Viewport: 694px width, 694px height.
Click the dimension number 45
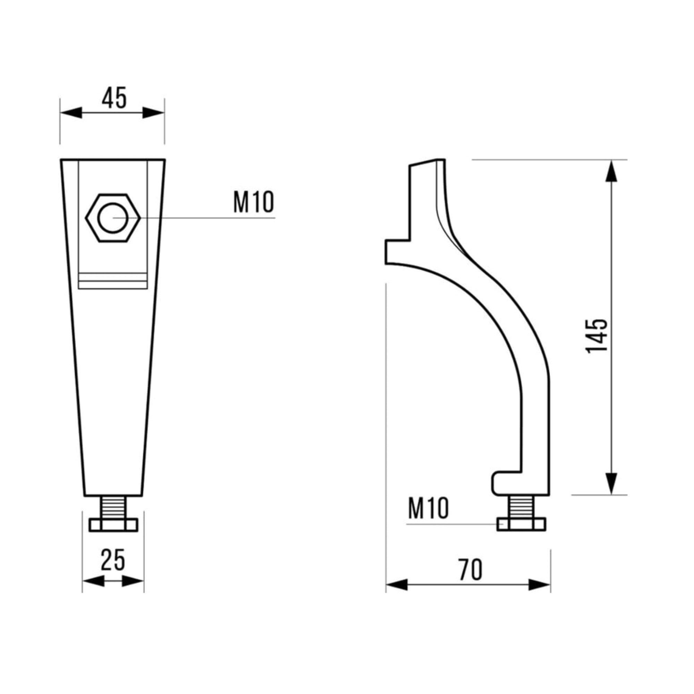click(x=114, y=98)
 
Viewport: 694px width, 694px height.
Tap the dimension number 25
click(x=113, y=560)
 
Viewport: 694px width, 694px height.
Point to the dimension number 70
click(x=470, y=570)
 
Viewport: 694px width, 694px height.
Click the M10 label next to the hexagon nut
click(x=254, y=202)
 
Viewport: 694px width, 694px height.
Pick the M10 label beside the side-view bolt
click(x=429, y=508)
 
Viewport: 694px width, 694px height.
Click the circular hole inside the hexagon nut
click(x=113, y=218)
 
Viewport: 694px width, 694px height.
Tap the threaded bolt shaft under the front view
click(x=113, y=508)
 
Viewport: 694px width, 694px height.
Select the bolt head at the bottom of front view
click(x=113, y=525)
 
